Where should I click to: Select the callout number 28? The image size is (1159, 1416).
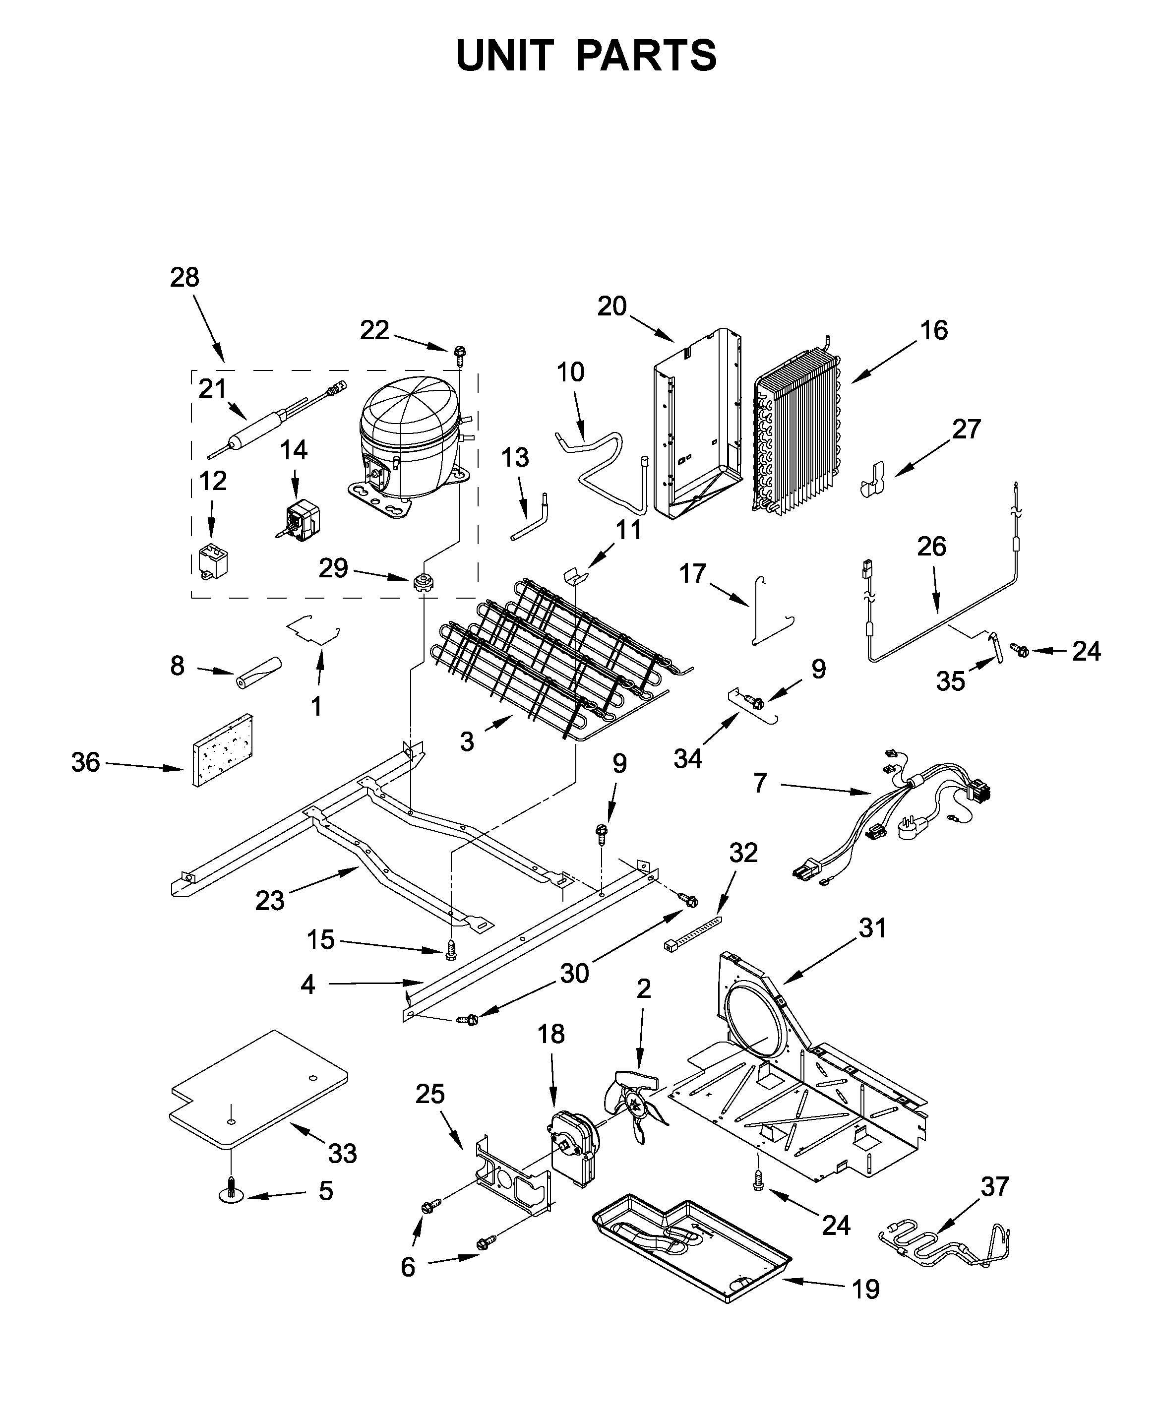point(184,277)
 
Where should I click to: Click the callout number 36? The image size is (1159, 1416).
point(85,762)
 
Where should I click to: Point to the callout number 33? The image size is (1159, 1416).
point(342,1153)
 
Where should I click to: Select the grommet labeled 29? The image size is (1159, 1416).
point(423,583)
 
